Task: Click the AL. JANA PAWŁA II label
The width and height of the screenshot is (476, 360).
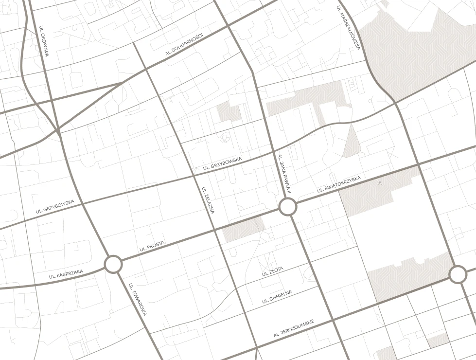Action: point(283,174)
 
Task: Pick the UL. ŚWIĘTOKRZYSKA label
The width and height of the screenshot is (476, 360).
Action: point(339,184)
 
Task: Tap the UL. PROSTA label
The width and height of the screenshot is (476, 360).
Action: point(152,246)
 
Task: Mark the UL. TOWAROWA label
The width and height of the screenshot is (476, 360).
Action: point(138,300)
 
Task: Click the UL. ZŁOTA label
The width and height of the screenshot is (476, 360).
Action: point(272,271)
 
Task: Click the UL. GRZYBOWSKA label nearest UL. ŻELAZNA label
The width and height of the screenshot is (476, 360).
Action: point(222,164)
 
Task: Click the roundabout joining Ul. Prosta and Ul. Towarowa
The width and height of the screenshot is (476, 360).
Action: point(113,265)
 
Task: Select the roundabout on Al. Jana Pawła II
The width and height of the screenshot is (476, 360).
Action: point(288,207)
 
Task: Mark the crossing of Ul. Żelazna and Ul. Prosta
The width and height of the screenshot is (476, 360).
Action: point(214,229)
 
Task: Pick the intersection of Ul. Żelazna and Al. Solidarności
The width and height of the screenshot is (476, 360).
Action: point(146,70)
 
